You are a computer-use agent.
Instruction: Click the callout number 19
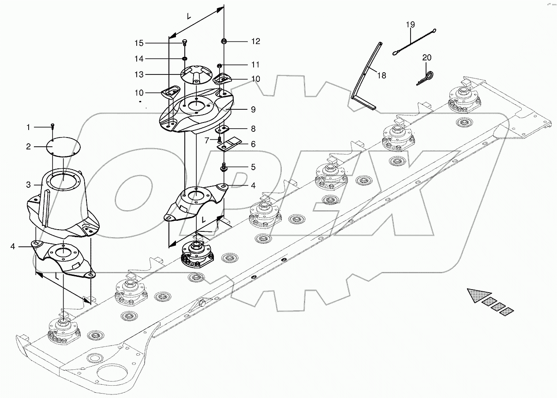[411, 25]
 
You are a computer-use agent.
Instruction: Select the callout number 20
[426, 58]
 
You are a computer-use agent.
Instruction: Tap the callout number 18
[381, 75]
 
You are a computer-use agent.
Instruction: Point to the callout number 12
[256, 41]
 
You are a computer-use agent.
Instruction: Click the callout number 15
[139, 43]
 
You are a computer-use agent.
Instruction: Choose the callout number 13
[139, 75]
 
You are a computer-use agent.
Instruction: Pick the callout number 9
[253, 109]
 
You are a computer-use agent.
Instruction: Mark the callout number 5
[253, 167]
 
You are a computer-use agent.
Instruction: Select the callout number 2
[28, 147]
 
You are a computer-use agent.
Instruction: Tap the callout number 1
[28, 127]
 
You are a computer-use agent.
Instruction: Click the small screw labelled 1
[52, 126]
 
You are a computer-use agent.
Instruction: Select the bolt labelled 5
[224, 167]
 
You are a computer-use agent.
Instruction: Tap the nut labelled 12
[224, 41]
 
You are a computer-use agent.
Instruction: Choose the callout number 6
[253, 144]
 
